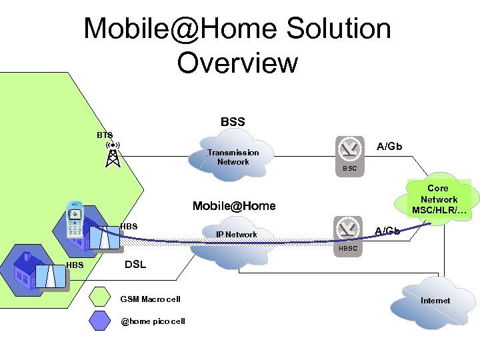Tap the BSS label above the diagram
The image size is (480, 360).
click(233, 122)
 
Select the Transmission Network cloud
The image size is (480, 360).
click(233, 157)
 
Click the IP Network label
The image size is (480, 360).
click(236, 235)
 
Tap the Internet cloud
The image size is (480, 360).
click(435, 301)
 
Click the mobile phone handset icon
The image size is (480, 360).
click(75, 219)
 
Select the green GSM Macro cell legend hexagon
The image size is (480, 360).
click(101, 297)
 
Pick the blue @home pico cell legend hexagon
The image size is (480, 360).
click(101, 321)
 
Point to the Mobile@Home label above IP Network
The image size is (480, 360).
click(233, 206)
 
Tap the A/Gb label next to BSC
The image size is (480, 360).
click(389, 146)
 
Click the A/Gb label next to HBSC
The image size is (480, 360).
click(387, 231)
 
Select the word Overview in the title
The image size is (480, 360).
click(237, 63)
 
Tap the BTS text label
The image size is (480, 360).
click(104, 135)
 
